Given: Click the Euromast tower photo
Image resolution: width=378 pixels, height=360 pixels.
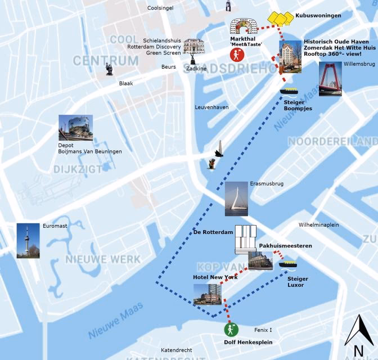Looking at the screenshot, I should (x=28, y=241).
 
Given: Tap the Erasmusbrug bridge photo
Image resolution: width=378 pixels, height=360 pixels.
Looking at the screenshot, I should (x=236, y=199).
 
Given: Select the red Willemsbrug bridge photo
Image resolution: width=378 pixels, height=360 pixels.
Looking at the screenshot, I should (x=330, y=79).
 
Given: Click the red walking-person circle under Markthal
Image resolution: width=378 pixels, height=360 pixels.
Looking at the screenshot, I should (x=237, y=55).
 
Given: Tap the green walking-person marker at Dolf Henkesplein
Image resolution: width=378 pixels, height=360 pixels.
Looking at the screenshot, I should (x=230, y=330).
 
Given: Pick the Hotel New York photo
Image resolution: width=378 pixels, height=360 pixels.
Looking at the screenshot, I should (x=208, y=294).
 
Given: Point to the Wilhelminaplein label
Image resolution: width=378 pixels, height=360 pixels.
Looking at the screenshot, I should (x=318, y=224).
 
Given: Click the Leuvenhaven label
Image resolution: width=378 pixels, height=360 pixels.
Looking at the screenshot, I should (x=211, y=107).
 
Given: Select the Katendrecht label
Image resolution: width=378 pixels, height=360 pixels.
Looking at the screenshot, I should (x=176, y=349).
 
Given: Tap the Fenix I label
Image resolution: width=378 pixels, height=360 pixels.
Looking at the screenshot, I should (x=263, y=329).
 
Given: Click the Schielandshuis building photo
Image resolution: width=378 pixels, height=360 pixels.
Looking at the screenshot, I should (x=193, y=47).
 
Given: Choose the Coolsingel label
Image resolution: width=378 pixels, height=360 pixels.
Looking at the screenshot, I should (x=160, y=8).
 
